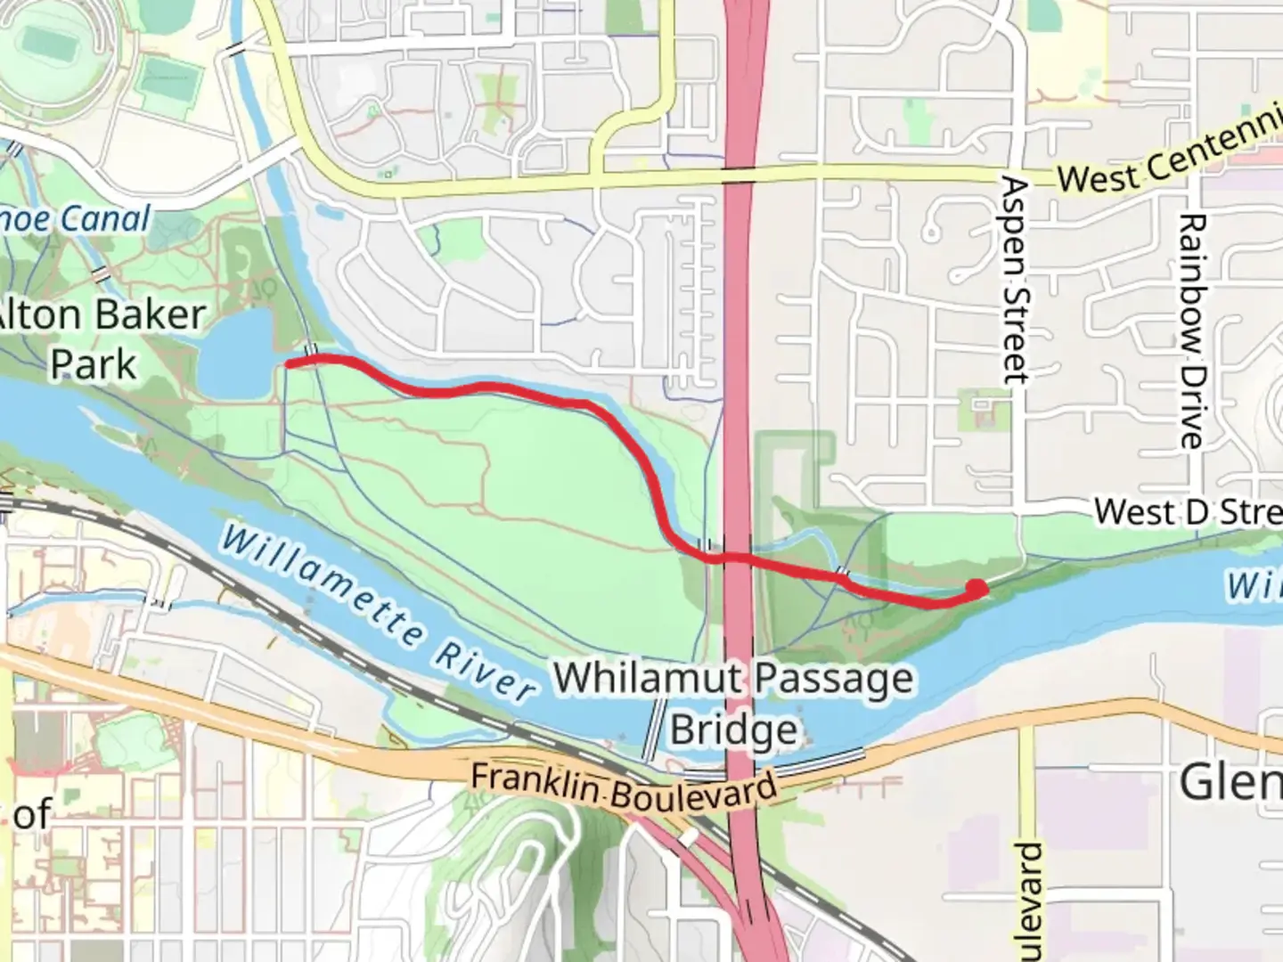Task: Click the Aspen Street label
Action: click(x=1015, y=281)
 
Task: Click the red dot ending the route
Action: click(x=977, y=589)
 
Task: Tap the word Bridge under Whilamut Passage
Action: click(x=733, y=730)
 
